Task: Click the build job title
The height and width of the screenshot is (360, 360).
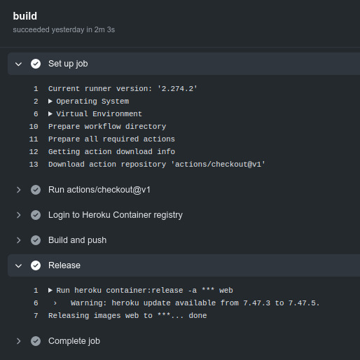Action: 25,16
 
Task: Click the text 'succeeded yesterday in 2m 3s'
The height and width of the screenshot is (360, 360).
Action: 64,29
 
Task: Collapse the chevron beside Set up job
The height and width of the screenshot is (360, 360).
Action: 18,64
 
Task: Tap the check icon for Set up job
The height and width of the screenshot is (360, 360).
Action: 36,64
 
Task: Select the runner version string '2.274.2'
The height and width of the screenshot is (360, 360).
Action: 177,89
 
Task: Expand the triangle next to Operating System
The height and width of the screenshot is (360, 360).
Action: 50,101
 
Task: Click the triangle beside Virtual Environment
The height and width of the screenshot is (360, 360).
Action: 50,113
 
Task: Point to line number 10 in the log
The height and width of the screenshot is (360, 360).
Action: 34,127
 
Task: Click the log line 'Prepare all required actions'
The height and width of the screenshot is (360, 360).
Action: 111,139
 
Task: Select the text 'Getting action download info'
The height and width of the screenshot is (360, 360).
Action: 111,152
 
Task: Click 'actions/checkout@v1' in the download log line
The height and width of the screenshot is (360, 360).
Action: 218,165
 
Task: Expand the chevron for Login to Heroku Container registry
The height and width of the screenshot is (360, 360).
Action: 19,215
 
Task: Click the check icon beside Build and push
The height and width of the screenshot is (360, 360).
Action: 36,240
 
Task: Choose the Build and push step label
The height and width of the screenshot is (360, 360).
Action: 77,240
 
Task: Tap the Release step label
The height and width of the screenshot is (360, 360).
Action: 64,265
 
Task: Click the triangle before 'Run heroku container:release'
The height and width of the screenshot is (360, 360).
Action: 50,290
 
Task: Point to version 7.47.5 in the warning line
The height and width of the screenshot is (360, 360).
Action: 304,303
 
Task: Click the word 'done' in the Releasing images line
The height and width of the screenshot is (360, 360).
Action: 198,316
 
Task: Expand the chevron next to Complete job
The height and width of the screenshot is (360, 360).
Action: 19,341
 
